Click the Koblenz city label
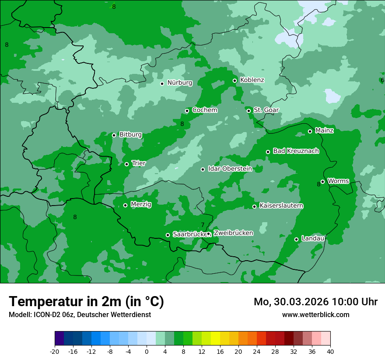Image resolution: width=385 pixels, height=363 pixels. click(x=252, y=80)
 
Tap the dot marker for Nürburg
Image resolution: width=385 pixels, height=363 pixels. click(x=162, y=84)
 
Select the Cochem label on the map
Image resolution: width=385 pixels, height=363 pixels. click(x=204, y=110)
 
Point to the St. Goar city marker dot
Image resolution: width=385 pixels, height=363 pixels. click(x=248, y=111)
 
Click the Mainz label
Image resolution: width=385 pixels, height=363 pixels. click(x=324, y=131)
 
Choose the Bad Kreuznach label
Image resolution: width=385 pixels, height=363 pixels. click(x=296, y=151)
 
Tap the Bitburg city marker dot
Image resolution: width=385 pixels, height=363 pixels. click(x=114, y=135)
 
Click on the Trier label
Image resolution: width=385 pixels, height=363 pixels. click(x=139, y=164)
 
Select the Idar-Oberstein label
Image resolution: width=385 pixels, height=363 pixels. click(x=230, y=169)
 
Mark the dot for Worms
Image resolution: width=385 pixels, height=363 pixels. click(x=322, y=181)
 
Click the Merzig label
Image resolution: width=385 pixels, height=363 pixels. click(x=141, y=205)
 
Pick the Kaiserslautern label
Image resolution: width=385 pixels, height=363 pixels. click(x=281, y=206)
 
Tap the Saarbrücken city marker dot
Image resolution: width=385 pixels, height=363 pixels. click(x=168, y=235)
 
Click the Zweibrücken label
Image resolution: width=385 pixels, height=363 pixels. click(x=233, y=233)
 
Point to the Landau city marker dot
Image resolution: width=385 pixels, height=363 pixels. click(x=296, y=239)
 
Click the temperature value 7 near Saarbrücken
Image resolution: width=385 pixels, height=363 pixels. click(x=203, y=225)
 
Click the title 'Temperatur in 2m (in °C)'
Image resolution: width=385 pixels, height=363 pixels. click(x=86, y=302)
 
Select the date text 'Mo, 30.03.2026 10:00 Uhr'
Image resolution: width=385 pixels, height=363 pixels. click(x=315, y=302)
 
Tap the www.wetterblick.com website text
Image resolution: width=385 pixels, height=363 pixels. click(x=315, y=315)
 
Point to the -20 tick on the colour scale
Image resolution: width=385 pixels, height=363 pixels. click(x=55, y=351)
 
